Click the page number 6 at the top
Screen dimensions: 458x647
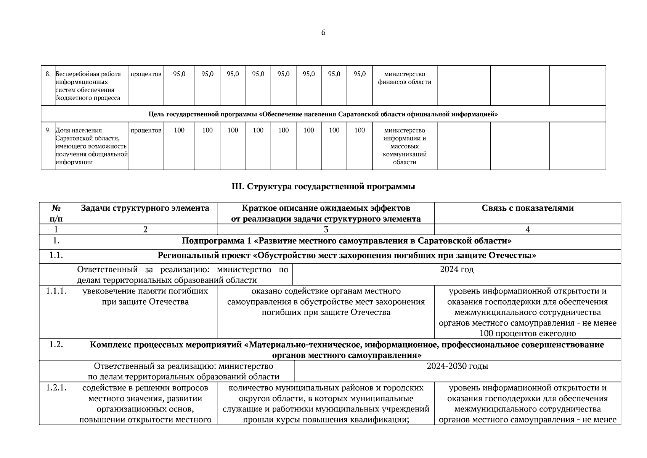(323, 33)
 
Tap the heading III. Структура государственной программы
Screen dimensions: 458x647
(323, 187)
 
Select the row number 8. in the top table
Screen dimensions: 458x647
(48, 74)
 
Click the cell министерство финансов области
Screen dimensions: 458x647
(405, 78)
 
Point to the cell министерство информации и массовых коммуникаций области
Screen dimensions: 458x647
(405, 146)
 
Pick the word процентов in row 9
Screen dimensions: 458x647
(146, 131)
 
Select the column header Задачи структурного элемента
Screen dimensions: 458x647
(145, 208)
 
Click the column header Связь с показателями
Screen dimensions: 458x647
(527, 208)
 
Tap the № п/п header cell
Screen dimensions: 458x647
(56, 213)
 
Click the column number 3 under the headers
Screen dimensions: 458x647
(326, 229)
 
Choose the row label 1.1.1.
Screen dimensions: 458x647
(56, 291)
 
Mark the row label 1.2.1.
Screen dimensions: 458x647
(56, 388)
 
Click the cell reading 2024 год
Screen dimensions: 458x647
(457, 269)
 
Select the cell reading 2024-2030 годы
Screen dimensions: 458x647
(457, 366)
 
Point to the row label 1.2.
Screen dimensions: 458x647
(56, 345)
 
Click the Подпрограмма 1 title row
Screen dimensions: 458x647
(347, 241)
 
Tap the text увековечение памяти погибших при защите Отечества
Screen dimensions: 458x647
(145, 297)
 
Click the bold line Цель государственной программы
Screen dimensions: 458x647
(323, 114)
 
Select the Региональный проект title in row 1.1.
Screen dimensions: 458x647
(347, 256)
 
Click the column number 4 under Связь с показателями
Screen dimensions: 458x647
(527, 229)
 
